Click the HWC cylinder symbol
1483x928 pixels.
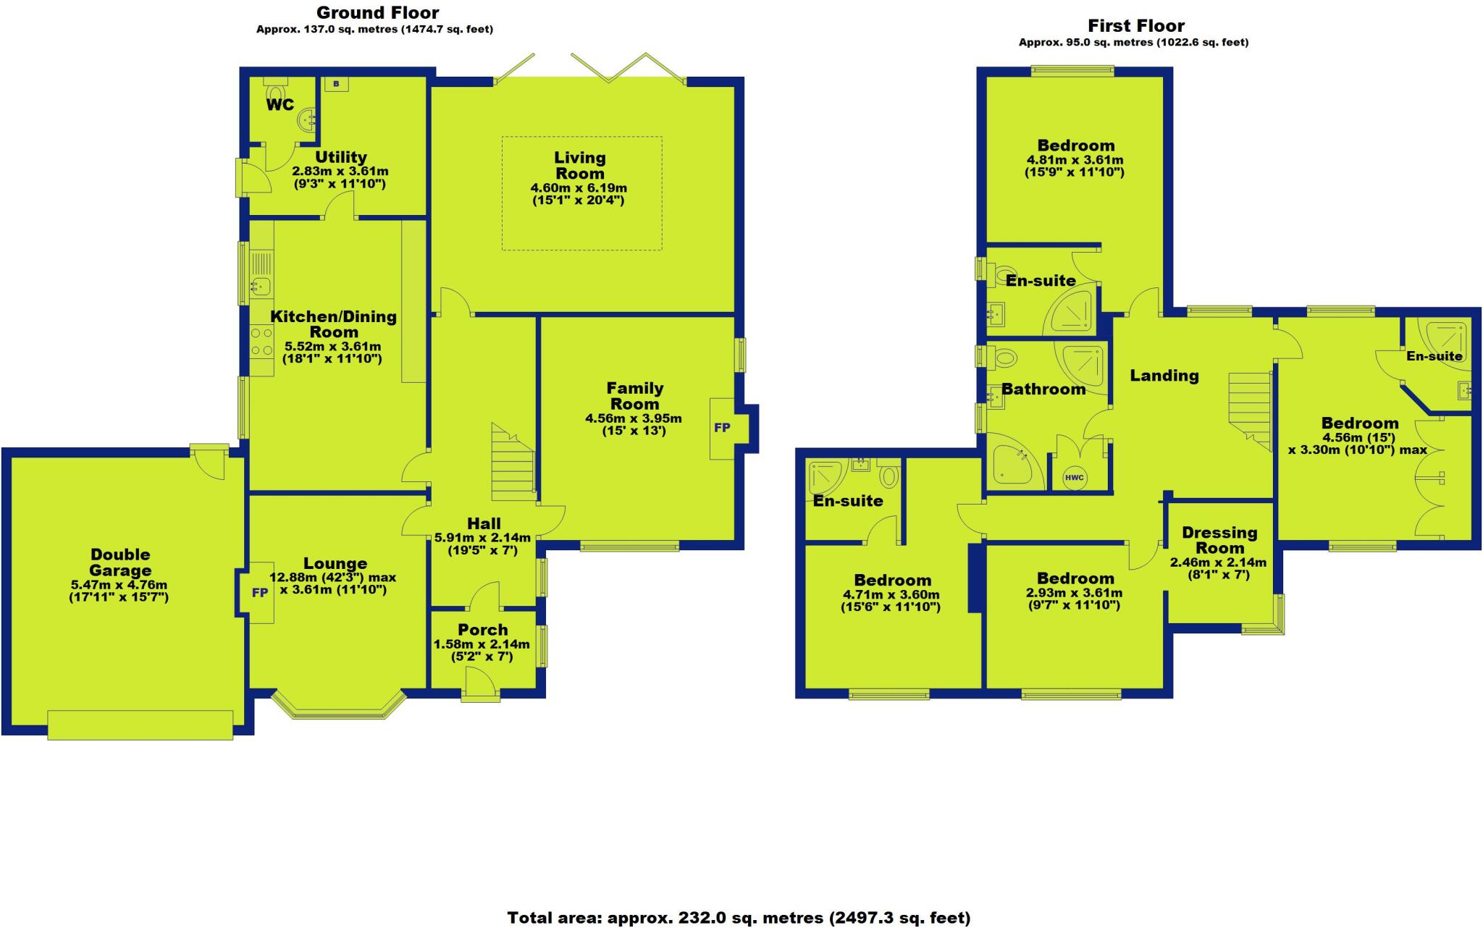tap(1075, 478)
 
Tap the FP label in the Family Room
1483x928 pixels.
tap(722, 428)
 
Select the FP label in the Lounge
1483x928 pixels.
tap(260, 593)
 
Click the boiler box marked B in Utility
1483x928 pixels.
tap(336, 84)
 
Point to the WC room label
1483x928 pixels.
tap(280, 105)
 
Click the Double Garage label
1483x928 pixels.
tap(120, 562)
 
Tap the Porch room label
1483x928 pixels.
tap(483, 630)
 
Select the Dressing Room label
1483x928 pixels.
tap(1219, 540)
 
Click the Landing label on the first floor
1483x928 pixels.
tap(1164, 376)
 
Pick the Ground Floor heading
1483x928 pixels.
tap(377, 12)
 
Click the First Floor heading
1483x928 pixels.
tap(1136, 26)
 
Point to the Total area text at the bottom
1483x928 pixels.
tap(739, 918)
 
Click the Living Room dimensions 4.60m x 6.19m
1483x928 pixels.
tap(579, 188)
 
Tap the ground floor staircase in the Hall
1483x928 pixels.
tap(513, 463)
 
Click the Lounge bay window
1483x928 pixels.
tap(338, 708)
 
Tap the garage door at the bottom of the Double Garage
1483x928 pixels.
tap(140, 725)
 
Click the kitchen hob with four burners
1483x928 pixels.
tap(261, 342)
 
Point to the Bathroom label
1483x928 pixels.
tap(1043, 389)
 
